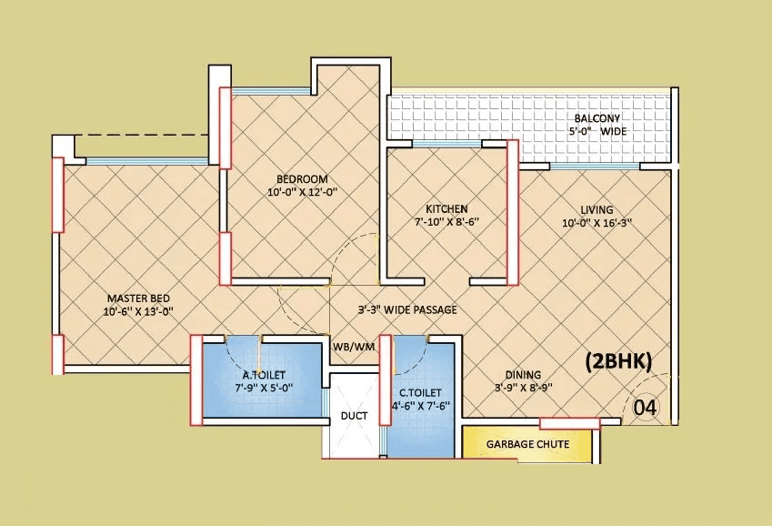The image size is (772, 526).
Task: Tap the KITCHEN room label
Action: (446, 208)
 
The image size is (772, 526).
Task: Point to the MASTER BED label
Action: (138, 298)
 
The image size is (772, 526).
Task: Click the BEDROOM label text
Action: (302, 179)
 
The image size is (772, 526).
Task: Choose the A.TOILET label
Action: (259, 374)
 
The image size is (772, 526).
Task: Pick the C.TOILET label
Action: (420, 393)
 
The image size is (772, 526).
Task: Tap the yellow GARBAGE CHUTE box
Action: (527, 444)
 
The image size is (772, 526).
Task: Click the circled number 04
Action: (644, 407)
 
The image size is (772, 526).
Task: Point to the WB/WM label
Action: (353, 347)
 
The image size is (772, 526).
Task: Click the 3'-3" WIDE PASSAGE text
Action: (406, 309)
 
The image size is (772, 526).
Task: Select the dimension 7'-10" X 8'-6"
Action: (446, 222)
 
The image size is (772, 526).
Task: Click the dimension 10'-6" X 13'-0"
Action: (138, 311)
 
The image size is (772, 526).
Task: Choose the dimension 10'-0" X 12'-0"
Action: (302, 192)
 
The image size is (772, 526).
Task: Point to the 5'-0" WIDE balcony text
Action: (597, 132)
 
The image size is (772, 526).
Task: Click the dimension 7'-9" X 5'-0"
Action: (259, 388)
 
